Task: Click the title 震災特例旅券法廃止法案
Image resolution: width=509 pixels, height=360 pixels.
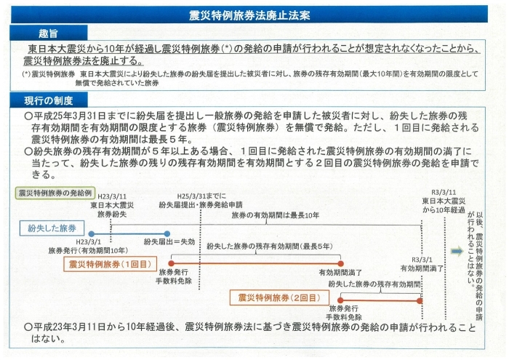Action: click(249, 15)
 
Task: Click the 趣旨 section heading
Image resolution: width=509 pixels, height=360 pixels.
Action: click(48, 33)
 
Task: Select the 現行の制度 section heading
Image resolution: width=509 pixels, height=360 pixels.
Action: click(49, 100)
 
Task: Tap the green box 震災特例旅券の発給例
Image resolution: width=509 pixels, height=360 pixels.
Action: click(55, 193)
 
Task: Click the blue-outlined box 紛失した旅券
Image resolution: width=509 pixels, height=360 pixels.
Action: click(52, 228)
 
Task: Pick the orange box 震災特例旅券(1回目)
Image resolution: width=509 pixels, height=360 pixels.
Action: click(110, 264)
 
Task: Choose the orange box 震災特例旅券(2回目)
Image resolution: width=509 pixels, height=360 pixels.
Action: click(279, 297)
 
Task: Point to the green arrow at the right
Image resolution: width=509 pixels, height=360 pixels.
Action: click(457, 251)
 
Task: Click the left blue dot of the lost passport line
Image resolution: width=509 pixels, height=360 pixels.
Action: click(92, 233)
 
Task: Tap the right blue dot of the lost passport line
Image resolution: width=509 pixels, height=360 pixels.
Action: click(167, 233)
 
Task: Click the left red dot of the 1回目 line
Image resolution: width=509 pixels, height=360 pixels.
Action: click(172, 263)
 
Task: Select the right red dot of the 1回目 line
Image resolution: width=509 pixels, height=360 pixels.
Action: click(340, 263)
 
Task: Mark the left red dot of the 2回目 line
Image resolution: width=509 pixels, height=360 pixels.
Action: click(340, 300)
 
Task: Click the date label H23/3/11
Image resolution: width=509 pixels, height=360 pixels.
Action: click(112, 196)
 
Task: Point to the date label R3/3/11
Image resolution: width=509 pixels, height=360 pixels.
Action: click(444, 193)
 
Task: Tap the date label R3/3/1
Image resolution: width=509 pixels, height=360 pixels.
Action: click(422, 260)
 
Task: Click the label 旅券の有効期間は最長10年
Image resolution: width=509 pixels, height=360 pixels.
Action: click(276, 215)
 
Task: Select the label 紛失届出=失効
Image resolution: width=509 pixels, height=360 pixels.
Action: click(169, 242)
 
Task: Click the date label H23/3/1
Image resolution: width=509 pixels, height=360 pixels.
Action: click(88, 242)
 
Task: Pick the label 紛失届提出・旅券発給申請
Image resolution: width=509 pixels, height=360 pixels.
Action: click(201, 205)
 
